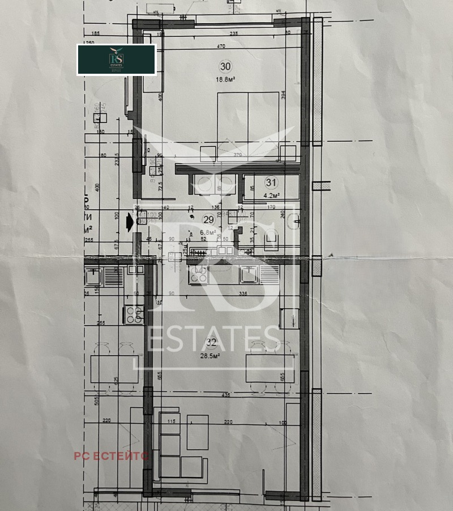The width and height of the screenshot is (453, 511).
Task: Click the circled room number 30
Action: pyautogui.click(x=225, y=66)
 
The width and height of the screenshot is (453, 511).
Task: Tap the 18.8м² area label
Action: pyautogui.click(x=225, y=81)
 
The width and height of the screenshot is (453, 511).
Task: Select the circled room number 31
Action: pyautogui.click(x=271, y=183)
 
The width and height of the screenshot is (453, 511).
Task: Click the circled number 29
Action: pyautogui.click(x=208, y=219)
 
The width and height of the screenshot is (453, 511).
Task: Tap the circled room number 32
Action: pyautogui.click(x=211, y=342)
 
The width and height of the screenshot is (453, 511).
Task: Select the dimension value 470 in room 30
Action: pyautogui.click(x=221, y=47)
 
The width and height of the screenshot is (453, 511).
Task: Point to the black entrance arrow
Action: pyautogui.click(x=130, y=222)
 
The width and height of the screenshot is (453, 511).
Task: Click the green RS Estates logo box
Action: pyautogui.click(x=117, y=60)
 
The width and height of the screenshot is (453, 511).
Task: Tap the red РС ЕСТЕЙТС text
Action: pyautogui.click(x=111, y=455)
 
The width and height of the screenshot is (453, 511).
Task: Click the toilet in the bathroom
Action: pyautogui.click(x=272, y=241)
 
